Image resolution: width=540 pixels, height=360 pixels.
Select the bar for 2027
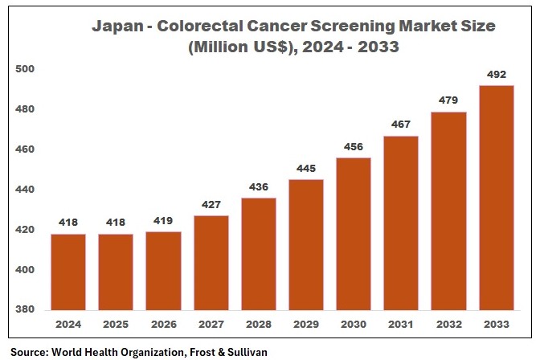coord(211,263)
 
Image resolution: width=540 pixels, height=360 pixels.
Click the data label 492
coord(496,75)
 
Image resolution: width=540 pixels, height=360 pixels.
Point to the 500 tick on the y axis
coord(26,69)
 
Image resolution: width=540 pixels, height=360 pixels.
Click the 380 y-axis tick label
coord(26,310)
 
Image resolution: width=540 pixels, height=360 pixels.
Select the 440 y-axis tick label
coord(26,190)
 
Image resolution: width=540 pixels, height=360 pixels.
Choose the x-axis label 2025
coord(116,325)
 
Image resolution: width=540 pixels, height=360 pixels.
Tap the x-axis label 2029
coord(305,325)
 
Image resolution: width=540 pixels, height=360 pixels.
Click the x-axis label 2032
coord(448,325)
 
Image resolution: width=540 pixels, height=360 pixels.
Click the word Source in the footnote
coord(30,351)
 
